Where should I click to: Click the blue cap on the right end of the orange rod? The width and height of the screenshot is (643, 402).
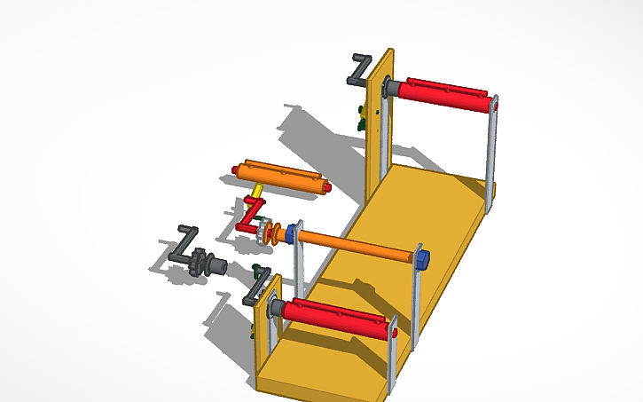(x=423, y=259)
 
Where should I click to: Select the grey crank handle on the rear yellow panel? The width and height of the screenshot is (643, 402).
(x=359, y=69)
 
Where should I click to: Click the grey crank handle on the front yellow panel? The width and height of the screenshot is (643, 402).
(x=255, y=290)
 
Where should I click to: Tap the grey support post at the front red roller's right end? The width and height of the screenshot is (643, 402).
(x=393, y=355)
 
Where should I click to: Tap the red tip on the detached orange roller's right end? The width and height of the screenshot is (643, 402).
(x=328, y=189)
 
